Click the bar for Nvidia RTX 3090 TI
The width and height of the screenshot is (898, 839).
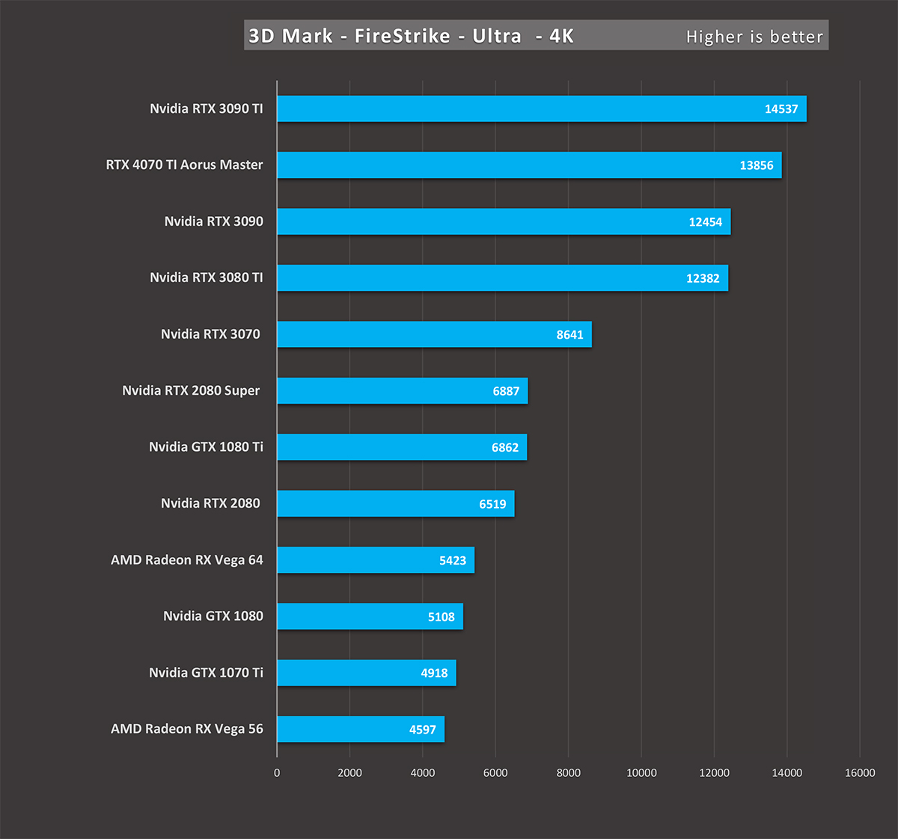tap(541, 108)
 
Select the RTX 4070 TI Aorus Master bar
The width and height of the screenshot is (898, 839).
tap(529, 165)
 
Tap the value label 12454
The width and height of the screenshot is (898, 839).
tap(705, 222)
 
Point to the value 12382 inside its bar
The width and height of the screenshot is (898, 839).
tap(703, 278)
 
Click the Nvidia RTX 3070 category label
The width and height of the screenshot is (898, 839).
tap(210, 334)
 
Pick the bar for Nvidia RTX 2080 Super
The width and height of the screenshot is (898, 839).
tap(402, 391)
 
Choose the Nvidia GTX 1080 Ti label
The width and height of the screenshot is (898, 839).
tap(206, 447)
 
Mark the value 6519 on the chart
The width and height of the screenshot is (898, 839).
tap(492, 504)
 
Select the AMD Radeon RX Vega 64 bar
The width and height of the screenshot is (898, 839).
tap(375, 560)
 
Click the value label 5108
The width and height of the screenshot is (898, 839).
tap(441, 617)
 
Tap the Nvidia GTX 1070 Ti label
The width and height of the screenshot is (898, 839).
tap(206, 673)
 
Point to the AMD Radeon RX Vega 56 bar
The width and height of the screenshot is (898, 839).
tap(360, 729)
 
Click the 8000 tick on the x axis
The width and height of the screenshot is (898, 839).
tap(568, 773)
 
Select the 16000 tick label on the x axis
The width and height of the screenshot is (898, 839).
tap(860, 773)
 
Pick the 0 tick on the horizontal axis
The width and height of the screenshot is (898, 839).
tap(277, 773)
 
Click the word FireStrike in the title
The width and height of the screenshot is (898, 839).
tap(403, 36)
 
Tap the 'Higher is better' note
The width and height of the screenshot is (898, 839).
tap(754, 37)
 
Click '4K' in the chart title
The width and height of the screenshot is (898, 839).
tap(561, 36)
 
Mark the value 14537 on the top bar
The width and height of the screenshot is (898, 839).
tap(781, 109)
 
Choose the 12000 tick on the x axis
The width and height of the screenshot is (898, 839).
tap(714, 773)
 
